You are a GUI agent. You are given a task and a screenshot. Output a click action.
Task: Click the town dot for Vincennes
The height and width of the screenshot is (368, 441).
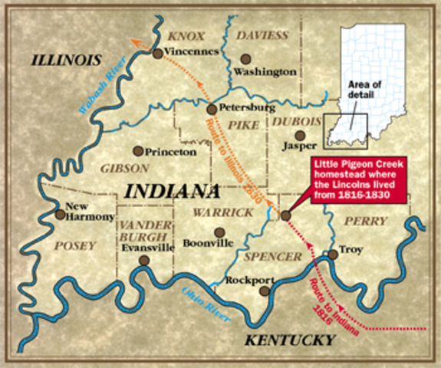click(157, 54)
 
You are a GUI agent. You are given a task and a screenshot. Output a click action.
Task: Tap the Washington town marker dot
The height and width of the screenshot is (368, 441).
click(245, 58)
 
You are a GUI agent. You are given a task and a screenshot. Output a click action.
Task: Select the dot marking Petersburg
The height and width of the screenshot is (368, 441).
click(211, 110)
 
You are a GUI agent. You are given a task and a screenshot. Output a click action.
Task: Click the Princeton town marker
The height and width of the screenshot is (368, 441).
click(138, 151)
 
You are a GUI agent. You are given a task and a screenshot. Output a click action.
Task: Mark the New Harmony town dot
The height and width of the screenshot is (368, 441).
click(61, 215)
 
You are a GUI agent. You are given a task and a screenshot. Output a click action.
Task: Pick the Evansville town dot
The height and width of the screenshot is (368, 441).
click(144, 261)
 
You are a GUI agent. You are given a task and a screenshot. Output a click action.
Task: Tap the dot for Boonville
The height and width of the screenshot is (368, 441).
click(219, 232)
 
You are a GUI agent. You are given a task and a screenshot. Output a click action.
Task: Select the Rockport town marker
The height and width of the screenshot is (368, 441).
click(265, 291)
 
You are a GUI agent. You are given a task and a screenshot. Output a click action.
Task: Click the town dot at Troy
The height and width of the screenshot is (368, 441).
click(332, 255)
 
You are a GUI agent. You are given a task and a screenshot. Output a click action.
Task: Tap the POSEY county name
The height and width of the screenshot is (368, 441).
click(76, 246)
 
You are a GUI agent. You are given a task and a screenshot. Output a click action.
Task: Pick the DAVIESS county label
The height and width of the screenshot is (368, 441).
click(262, 36)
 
